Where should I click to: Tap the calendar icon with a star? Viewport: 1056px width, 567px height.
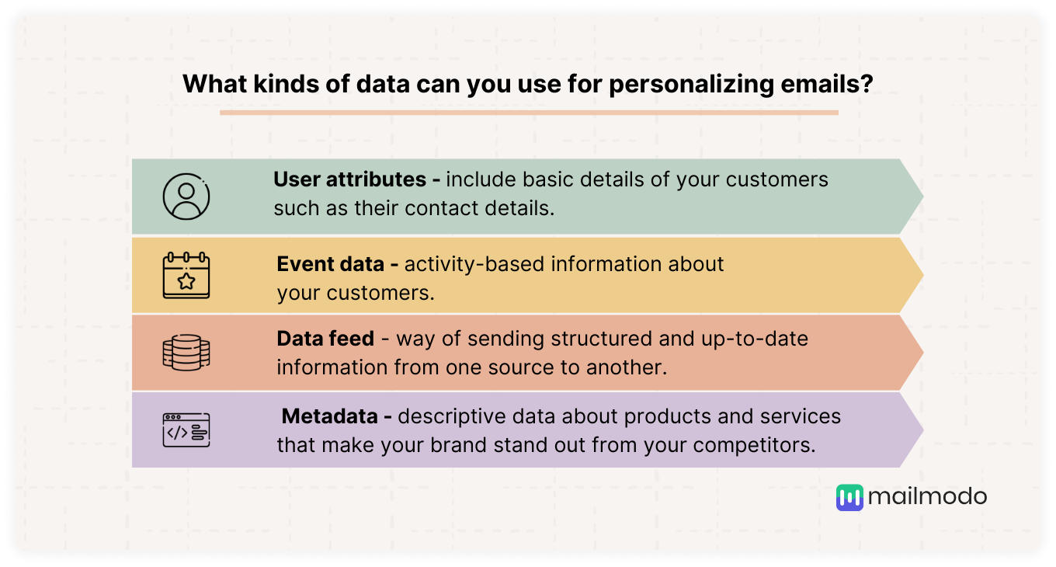pyautogui.click(x=186, y=276)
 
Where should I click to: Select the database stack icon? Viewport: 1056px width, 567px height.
pyautogui.click(x=186, y=353)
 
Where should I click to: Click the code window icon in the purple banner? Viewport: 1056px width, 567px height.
pyautogui.click(x=186, y=430)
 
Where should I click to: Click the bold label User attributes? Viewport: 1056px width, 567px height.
pyautogui.click(x=349, y=179)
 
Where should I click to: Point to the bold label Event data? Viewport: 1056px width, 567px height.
pyautogui.click(x=331, y=264)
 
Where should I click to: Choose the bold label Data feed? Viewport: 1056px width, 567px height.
pyautogui.click(x=325, y=339)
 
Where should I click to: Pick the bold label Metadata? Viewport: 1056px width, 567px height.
pyautogui.click(x=329, y=416)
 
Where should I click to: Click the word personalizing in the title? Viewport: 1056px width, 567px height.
pyautogui.click(x=691, y=85)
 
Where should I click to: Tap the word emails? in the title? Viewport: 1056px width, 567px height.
pyautogui.click(x=827, y=84)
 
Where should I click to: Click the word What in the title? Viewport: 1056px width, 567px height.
pyautogui.click(x=214, y=84)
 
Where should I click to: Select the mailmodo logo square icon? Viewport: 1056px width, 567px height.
pyautogui.click(x=849, y=498)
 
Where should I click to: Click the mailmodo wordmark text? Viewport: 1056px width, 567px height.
pyautogui.click(x=927, y=497)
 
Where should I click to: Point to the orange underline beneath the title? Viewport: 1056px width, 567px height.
pyautogui.click(x=529, y=113)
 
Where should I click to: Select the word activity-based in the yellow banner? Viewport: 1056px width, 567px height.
pyautogui.click(x=474, y=265)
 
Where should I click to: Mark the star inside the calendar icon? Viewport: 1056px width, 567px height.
pyautogui.click(x=186, y=281)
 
